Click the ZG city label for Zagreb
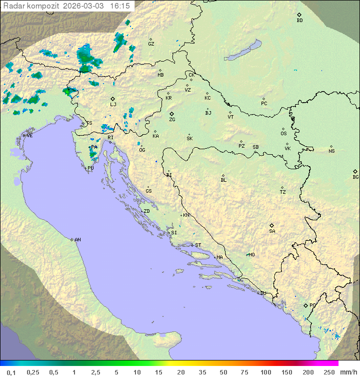[x=172, y=120]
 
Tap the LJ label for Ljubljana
[x=113, y=105]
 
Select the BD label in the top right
[x=299, y=21]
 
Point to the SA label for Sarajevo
[x=272, y=231]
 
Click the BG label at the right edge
[x=355, y=177]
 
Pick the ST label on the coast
[x=198, y=245]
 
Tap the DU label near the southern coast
[x=263, y=293]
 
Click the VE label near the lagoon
[x=29, y=136]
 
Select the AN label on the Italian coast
[x=77, y=240]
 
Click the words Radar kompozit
[x=31, y=6]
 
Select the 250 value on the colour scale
[x=328, y=372]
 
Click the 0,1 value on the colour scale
[x=11, y=372]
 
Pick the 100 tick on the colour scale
[x=265, y=372]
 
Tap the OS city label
[x=283, y=134]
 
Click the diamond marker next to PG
[x=305, y=305]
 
